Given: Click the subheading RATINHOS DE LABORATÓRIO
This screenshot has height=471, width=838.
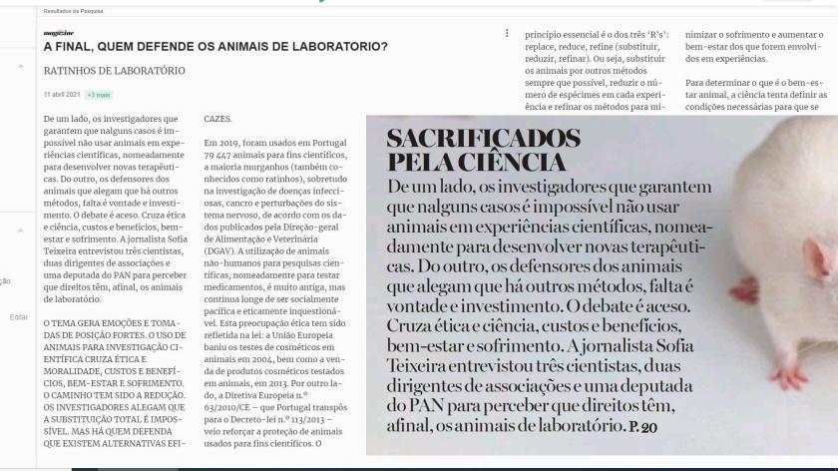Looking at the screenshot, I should point(115,72).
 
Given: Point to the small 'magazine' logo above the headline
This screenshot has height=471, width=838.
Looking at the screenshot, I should point(56,32).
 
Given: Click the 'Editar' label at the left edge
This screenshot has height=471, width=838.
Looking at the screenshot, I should point(17,315).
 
